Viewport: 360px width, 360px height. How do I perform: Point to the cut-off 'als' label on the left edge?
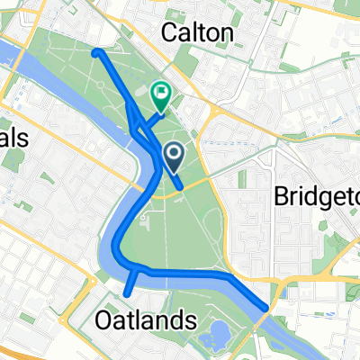15,138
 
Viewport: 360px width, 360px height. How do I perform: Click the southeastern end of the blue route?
264,309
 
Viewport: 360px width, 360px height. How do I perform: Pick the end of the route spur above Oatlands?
127,292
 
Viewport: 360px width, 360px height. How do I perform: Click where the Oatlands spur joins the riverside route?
135,268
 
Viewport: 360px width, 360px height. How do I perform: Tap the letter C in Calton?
169,33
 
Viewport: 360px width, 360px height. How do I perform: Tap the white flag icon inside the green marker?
162,91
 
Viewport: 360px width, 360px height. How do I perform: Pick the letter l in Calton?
192,33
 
